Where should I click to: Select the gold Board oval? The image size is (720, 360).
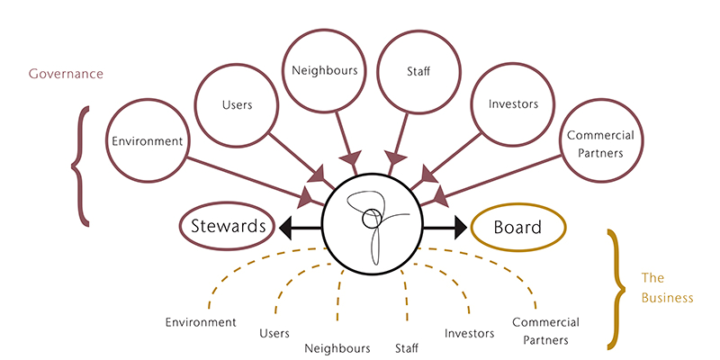point(517,227)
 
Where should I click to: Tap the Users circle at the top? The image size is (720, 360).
point(236,105)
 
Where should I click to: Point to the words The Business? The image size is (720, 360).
point(667,287)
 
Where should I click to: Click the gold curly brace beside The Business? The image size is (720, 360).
point(616,288)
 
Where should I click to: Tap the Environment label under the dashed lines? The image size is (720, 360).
point(201,321)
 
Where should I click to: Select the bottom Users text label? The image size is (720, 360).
point(274,333)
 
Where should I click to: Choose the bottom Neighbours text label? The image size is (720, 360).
point(337,347)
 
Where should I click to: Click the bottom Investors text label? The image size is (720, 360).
point(469,333)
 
